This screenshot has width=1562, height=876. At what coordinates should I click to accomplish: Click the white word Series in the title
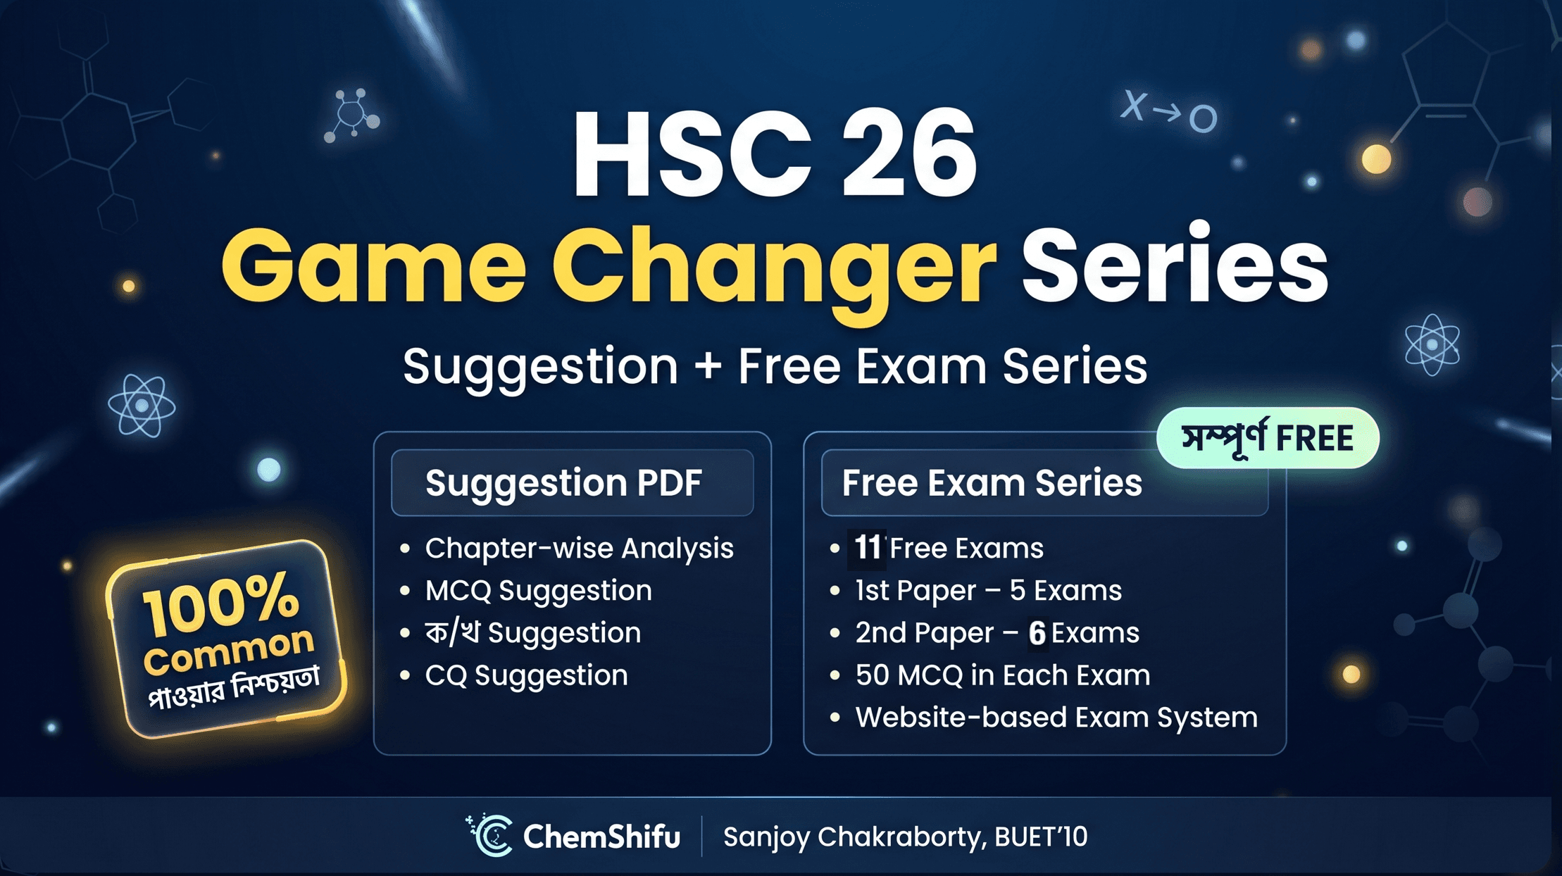click(x=1174, y=266)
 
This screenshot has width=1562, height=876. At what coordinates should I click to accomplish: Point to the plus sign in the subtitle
click(x=707, y=367)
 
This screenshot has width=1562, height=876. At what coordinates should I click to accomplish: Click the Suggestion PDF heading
click(x=563, y=483)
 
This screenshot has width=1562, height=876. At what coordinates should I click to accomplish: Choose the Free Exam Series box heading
click(x=992, y=483)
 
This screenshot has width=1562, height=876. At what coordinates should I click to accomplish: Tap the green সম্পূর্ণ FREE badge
click(x=1267, y=438)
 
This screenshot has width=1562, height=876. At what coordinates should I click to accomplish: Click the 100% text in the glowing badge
click(x=221, y=602)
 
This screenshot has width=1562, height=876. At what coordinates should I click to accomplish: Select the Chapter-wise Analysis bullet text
click(x=579, y=548)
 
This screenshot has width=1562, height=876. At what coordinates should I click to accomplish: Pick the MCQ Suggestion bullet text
click(x=538, y=590)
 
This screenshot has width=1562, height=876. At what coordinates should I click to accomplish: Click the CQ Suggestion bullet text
click(x=526, y=675)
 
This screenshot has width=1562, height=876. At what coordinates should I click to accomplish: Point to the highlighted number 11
click(x=867, y=547)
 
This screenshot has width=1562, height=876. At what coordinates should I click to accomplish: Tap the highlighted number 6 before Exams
click(x=1037, y=632)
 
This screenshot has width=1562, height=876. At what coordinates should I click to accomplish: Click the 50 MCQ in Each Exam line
click(x=1002, y=675)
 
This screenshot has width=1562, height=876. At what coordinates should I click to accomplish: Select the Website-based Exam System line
click(x=1056, y=718)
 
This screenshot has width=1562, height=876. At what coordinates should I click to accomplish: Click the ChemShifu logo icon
click(x=491, y=836)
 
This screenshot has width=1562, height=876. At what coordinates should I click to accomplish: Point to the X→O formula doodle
click(x=1168, y=113)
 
